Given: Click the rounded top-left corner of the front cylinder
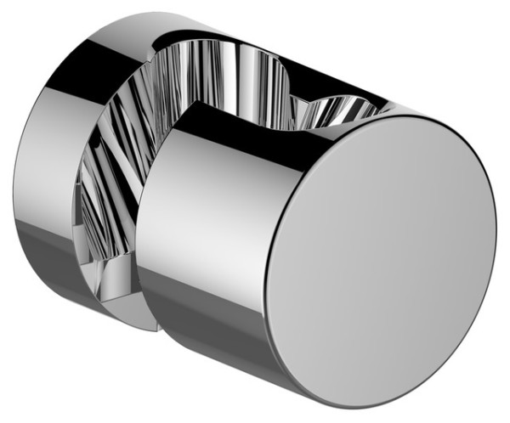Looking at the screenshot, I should click(x=174, y=119).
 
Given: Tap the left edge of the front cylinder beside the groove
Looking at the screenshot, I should click(x=140, y=238).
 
